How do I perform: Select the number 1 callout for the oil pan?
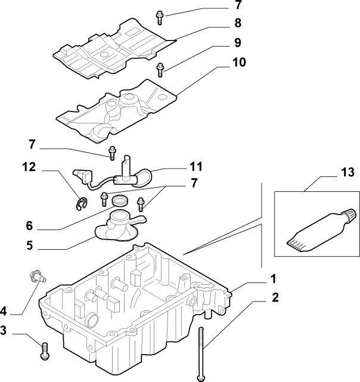tap(273, 278)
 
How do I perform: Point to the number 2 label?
tap(275, 297)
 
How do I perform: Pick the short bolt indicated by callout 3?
tap(45, 350)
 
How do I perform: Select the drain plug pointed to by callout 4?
tap(36, 275)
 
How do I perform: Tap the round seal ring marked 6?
tap(120, 198)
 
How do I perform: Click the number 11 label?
tap(197, 166)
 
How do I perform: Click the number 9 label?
tap(221, 42)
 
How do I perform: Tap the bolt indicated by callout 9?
tap(160, 69)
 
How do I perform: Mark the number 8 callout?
tap(221, 24)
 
